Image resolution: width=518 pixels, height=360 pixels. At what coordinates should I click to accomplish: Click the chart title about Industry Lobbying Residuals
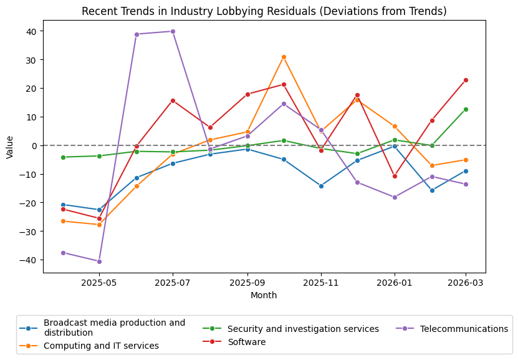264,12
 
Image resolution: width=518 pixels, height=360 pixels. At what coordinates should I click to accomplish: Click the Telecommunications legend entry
464,329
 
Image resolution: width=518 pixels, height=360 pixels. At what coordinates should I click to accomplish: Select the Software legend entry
246,342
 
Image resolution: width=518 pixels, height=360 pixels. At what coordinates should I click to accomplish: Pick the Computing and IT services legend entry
101,346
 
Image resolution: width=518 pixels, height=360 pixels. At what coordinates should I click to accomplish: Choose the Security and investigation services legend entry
303,329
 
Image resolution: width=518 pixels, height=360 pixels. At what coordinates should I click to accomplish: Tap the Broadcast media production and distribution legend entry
114,328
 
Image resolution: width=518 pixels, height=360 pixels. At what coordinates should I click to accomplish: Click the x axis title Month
264,295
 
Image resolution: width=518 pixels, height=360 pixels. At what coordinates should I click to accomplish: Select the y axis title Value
9,146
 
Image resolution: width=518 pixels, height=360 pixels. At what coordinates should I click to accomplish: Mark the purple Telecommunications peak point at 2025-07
173,31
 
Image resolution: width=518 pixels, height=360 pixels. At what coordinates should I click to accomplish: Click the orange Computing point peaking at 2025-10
284,57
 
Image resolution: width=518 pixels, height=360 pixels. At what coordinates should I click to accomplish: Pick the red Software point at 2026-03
466,80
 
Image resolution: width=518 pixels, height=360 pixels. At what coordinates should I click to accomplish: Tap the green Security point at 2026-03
466,109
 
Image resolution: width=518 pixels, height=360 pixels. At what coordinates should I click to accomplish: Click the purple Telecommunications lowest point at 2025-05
99,261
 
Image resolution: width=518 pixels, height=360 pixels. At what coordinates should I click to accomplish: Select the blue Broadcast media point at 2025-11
321,186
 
